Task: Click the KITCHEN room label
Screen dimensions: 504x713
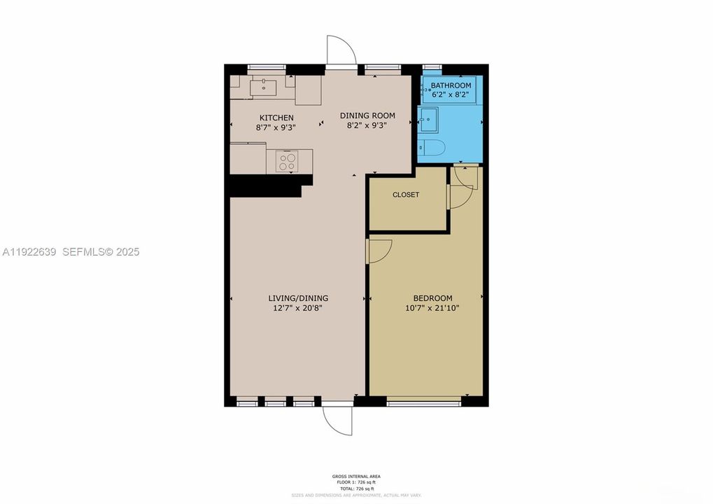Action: (x=276, y=118)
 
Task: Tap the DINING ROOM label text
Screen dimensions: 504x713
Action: (x=367, y=115)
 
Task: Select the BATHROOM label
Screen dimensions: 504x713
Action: (x=451, y=85)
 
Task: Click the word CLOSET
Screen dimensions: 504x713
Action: (x=406, y=195)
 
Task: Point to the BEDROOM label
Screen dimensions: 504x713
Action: (x=432, y=297)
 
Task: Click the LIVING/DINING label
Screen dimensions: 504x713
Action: (x=302, y=297)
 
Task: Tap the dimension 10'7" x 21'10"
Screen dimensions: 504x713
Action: (x=432, y=307)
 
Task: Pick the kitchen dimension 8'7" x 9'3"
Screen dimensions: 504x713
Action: (x=276, y=127)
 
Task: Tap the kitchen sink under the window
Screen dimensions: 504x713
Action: (x=264, y=87)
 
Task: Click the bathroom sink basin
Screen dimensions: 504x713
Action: (x=428, y=120)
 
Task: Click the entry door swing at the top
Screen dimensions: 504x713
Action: (x=342, y=50)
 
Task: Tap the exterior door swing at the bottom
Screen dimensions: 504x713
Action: (x=337, y=420)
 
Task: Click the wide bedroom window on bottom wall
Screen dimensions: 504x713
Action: (x=423, y=402)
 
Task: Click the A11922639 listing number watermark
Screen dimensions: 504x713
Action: (x=29, y=251)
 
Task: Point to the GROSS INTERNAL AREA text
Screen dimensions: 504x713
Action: (x=356, y=476)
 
